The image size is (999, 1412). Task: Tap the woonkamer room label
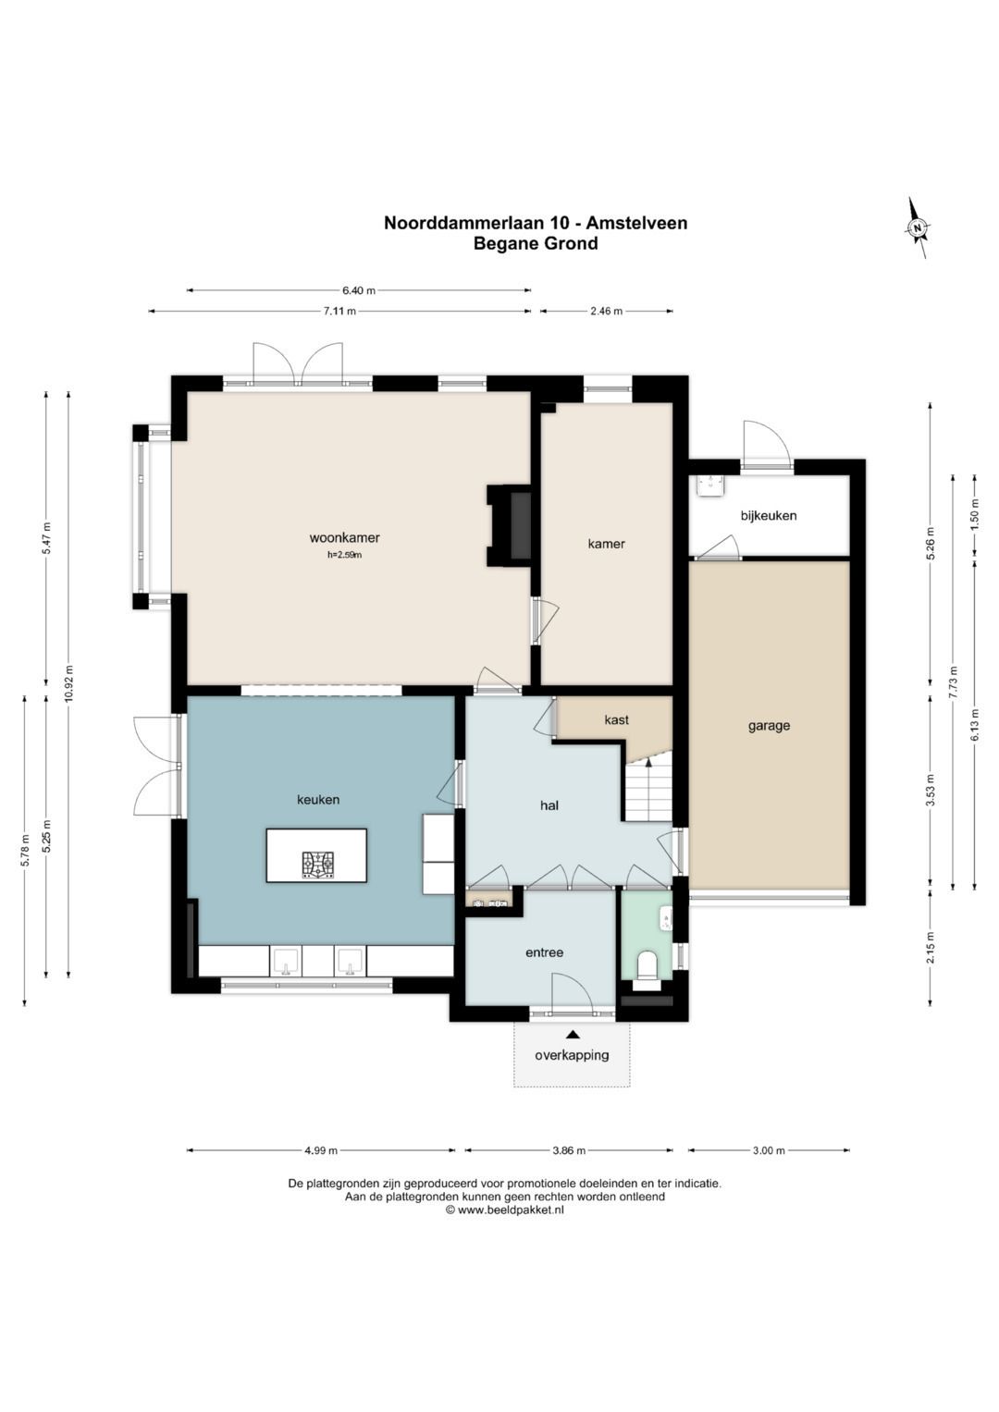(344, 537)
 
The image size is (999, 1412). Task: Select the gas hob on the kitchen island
(318, 865)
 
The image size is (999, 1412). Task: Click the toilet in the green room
(647, 966)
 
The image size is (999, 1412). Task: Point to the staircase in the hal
(648, 789)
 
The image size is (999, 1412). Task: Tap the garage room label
(769, 726)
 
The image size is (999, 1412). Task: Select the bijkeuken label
(768, 516)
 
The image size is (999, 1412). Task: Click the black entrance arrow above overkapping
(573, 1034)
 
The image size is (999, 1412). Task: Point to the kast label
(616, 719)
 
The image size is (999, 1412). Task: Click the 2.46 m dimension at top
(606, 311)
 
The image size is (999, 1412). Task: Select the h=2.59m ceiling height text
(344, 556)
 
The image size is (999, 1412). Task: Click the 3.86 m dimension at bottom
(569, 1150)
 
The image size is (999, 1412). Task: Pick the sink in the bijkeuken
(710, 486)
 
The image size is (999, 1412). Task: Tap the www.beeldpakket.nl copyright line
(504, 1209)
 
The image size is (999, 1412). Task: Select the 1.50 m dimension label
(975, 515)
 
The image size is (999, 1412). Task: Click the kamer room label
(606, 544)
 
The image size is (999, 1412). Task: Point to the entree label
(544, 952)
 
